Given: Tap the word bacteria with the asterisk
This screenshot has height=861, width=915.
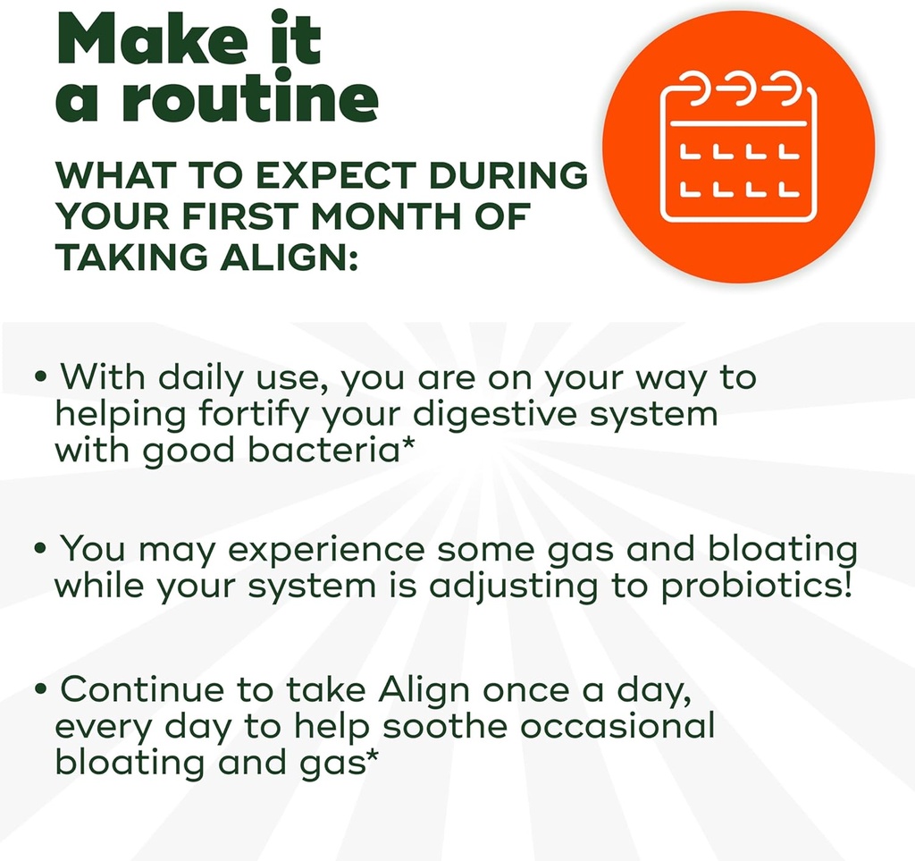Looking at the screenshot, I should coord(332,450).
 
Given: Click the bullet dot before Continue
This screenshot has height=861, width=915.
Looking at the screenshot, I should coord(41,691).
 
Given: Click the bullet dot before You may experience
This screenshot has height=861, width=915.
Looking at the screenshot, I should coord(41,548).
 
